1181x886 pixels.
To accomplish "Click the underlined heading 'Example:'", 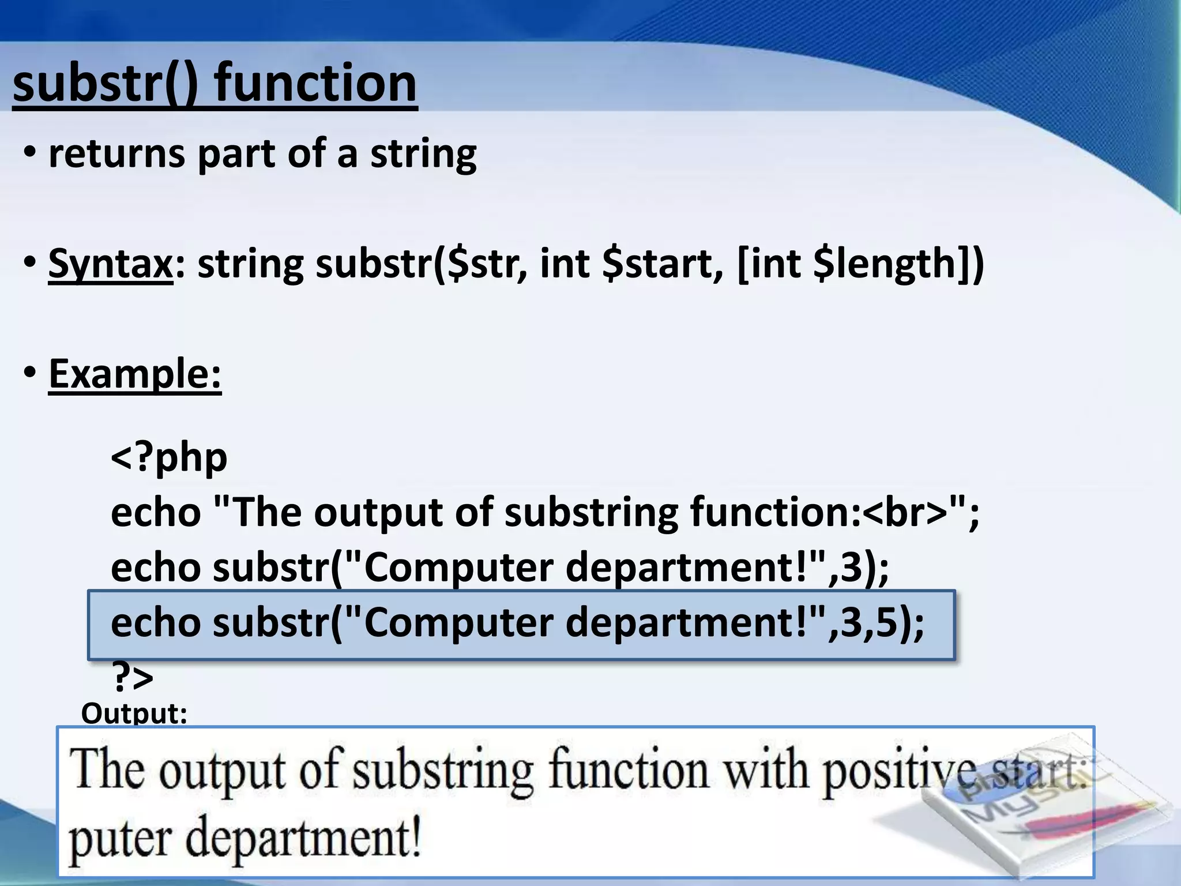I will click(135, 374).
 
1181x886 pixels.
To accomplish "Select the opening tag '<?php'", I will click(169, 457).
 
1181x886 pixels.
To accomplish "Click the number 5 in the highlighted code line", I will click(886, 623).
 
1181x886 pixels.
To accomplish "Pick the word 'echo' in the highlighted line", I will click(156, 623).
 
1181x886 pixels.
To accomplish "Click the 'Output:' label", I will click(134, 713).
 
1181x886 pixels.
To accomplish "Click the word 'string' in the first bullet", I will click(423, 155).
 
